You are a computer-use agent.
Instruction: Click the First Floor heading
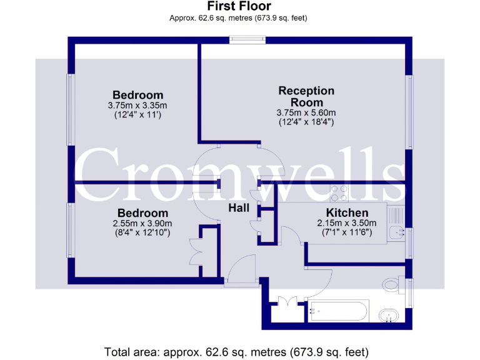(239, 6)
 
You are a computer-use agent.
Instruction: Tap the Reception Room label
(306, 96)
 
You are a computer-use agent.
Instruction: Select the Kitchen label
(347, 213)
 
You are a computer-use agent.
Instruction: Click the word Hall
(239, 207)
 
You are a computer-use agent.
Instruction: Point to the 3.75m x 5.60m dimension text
(306, 113)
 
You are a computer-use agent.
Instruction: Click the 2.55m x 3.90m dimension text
(142, 223)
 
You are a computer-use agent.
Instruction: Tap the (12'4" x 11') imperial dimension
(138, 116)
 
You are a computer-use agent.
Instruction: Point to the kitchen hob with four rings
(341, 194)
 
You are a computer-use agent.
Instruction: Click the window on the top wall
(247, 40)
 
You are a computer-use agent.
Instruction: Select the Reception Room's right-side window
(410, 112)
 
